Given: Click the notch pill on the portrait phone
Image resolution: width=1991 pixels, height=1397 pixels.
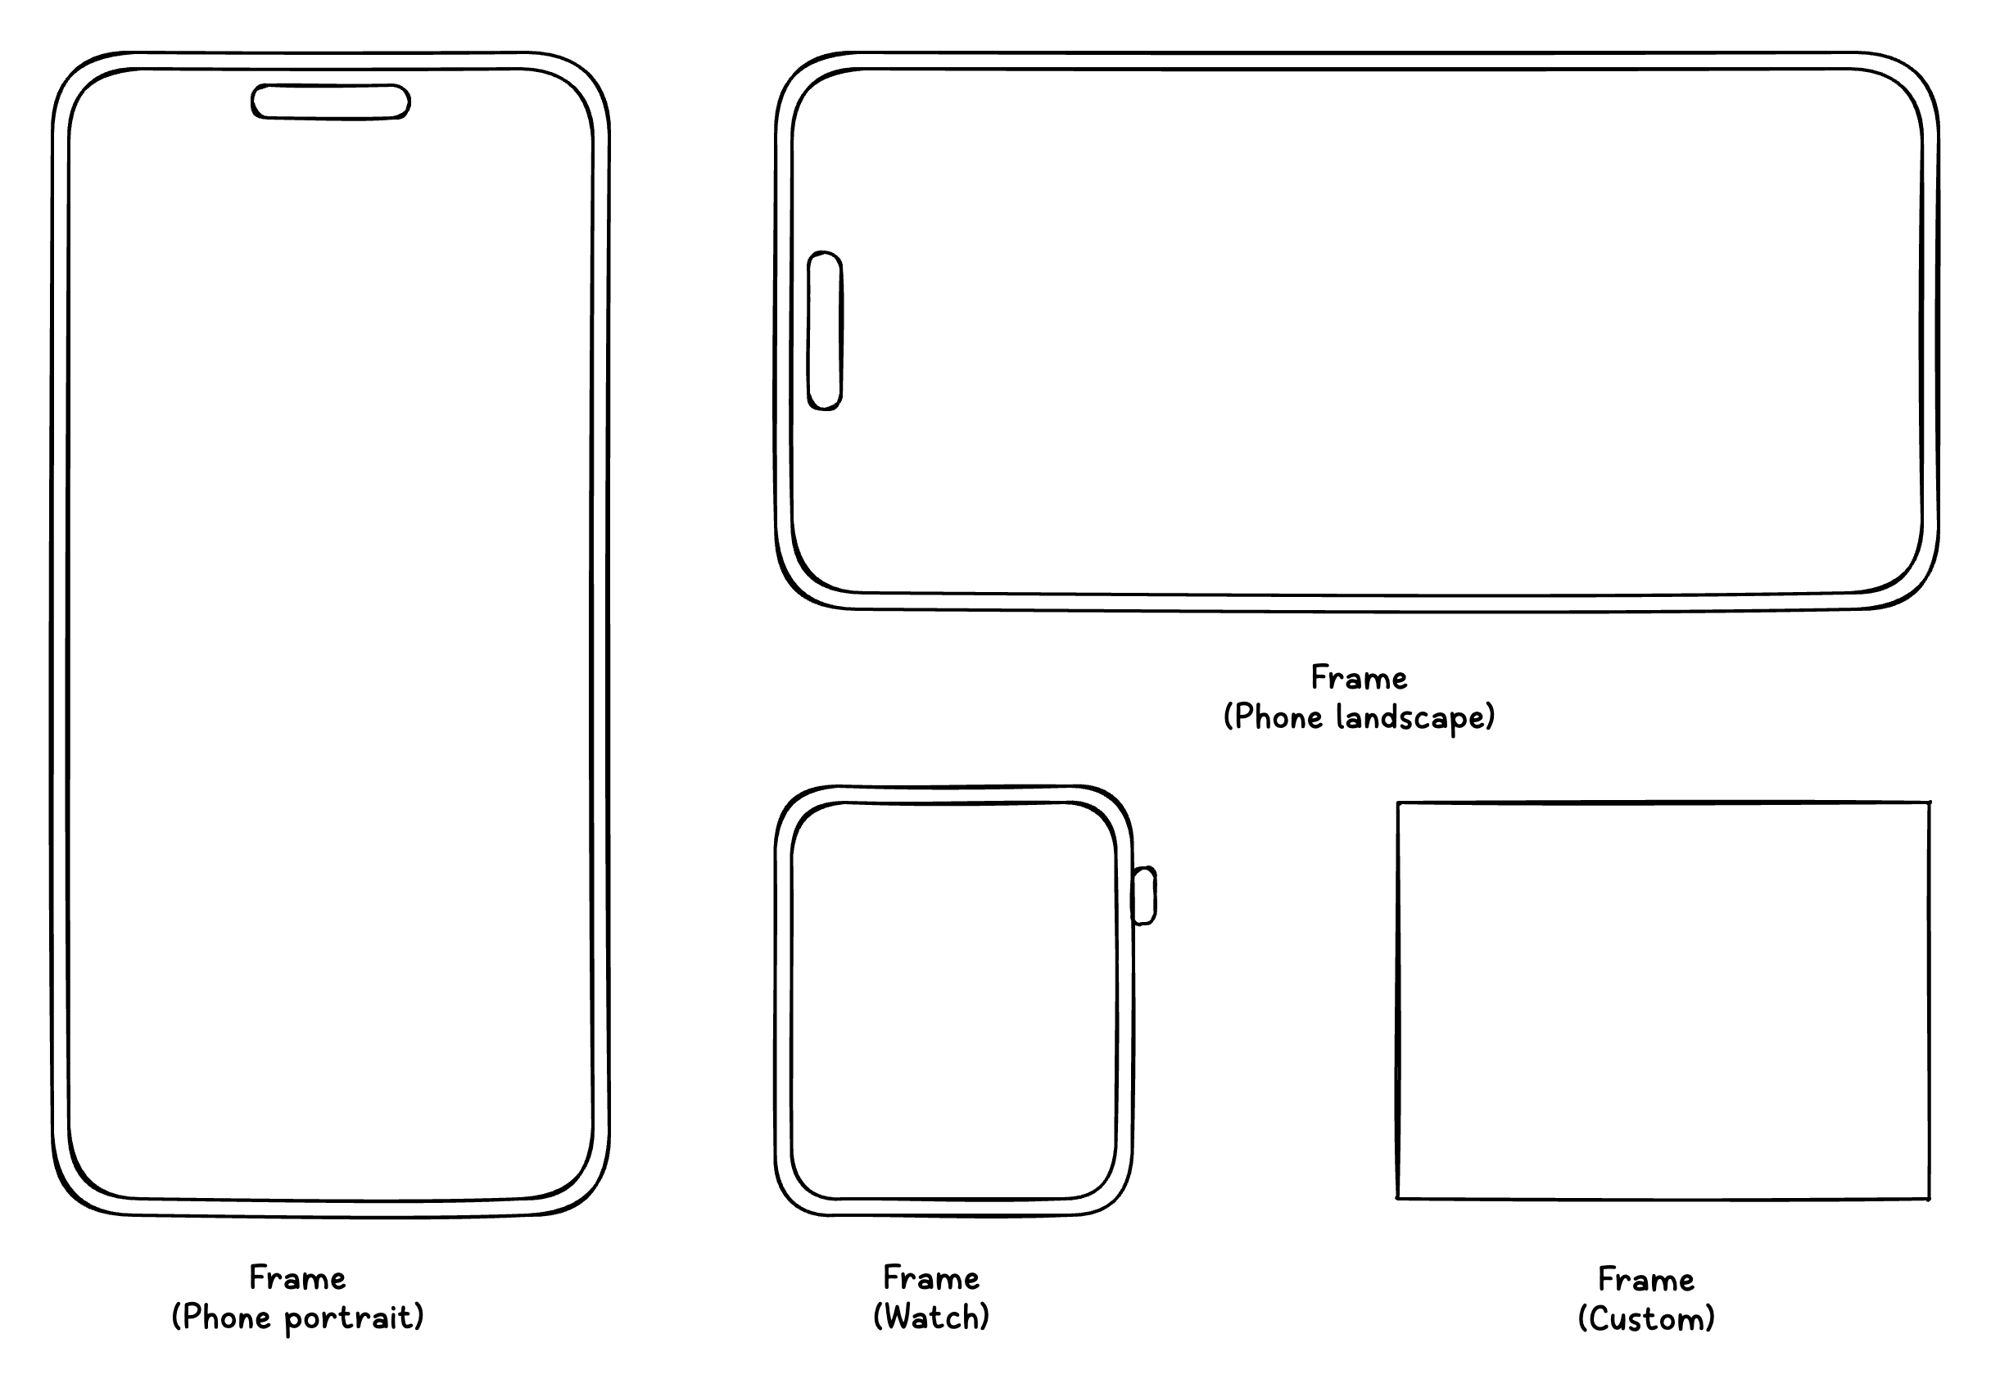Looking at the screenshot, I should coord(330,102).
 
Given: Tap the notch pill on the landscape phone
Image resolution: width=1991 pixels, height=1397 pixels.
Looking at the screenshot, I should coord(825,330).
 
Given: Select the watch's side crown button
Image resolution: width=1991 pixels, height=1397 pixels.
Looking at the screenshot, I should coord(1145,896).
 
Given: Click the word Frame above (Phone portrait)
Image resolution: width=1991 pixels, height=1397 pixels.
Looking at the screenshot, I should coord(297,1278).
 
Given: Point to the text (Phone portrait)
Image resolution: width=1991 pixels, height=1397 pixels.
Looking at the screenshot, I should coord(297,1318).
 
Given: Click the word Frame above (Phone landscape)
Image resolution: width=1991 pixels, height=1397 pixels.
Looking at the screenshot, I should coord(1359,677).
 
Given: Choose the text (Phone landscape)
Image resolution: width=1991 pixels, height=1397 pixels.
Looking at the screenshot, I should coord(1359,717).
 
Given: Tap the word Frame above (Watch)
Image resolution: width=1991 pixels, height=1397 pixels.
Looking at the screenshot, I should coord(931,1278).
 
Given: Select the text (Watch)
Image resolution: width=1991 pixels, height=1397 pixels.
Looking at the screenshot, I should coord(931,1318).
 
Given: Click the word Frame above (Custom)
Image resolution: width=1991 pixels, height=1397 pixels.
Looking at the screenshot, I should coord(1646,1280).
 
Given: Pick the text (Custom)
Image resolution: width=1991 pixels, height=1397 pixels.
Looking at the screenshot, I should coord(1646,1319).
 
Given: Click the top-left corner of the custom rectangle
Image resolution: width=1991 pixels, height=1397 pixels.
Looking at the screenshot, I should coord(1398,804).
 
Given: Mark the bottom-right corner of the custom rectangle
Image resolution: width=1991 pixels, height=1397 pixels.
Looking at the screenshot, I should coord(1930,1200).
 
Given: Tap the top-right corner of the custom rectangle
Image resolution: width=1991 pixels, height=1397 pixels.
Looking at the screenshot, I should coord(1930,803).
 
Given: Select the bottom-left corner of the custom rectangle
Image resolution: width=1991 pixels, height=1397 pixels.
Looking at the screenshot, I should coord(1398,1198).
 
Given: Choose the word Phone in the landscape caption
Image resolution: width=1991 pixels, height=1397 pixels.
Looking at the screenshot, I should coord(1279,717).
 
